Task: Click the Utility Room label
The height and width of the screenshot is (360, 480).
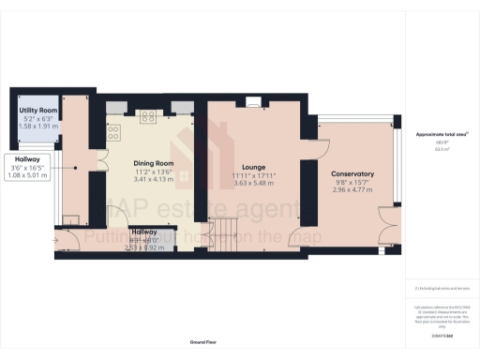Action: pos(38,111)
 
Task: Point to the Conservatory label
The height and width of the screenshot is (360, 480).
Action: pos(352,173)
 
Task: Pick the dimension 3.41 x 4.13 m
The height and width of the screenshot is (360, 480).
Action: pos(153,179)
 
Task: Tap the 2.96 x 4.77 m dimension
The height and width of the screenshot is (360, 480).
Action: pos(352,190)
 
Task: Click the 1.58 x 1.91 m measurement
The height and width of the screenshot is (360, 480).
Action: pos(38,127)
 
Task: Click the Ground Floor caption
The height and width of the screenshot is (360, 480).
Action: pos(202,344)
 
